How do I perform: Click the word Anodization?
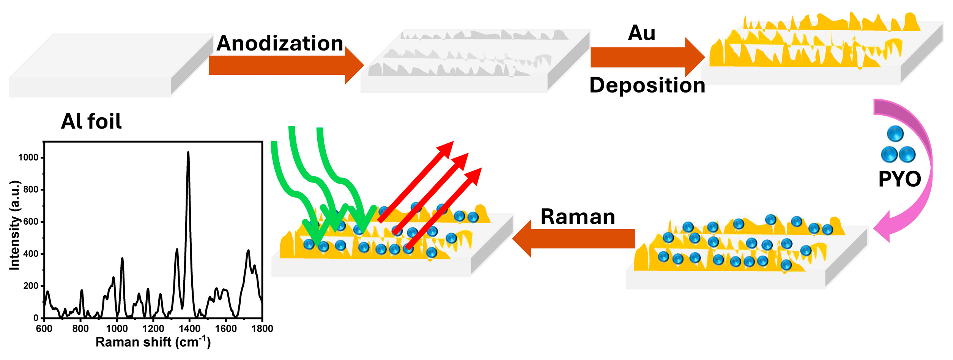[x=280, y=43]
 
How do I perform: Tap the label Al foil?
[x=91, y=121]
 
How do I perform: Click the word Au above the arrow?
[x=641, y=33]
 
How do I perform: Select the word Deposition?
[x=647, y=85]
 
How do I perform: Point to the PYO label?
[x=899, y=179]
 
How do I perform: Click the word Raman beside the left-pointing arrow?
[x=578, y=217]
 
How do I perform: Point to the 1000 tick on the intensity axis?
[x=28, y=157]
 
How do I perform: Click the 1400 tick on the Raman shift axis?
[x=189, y=329]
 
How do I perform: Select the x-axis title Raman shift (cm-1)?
[x=153, y=342]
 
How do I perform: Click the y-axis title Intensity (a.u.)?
[x=14, y=225]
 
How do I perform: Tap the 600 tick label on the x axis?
[x=44, y=329]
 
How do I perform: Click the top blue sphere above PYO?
[x=895, y=134]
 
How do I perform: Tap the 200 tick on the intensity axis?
[x=31, y=286]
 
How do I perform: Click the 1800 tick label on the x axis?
[x=262, y=329]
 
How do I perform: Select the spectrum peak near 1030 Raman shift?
[x=122, y=259]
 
